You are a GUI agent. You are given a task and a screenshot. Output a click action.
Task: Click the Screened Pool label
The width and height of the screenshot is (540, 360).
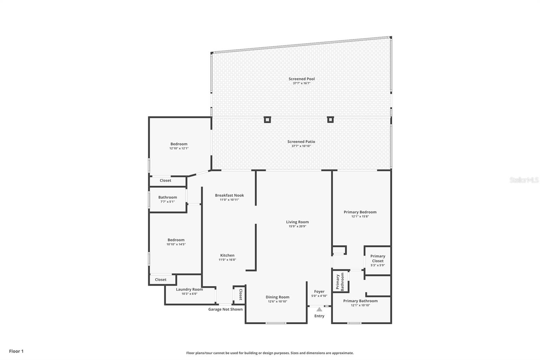pos(301,79)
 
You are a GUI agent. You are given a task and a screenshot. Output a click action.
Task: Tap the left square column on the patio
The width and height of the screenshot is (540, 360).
pos(267,120)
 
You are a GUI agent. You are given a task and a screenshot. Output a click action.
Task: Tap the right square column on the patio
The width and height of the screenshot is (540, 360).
pos(330,120)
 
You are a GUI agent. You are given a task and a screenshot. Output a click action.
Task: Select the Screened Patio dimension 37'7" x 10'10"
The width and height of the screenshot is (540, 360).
pos(301,146)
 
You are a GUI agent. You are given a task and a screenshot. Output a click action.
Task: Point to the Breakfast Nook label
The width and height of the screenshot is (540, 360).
pos(229,195)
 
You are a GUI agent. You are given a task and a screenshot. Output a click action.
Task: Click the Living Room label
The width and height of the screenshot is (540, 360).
pos(297,222)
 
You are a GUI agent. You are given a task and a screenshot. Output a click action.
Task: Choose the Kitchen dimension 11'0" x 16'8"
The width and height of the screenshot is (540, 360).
pos(227,260)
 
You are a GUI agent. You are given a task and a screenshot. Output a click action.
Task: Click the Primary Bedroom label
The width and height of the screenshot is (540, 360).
pos(360,212)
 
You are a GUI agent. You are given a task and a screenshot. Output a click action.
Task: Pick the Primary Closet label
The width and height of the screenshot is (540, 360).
pos(378,258)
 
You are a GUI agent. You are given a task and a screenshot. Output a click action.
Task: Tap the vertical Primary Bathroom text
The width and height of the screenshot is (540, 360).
pos(340,282)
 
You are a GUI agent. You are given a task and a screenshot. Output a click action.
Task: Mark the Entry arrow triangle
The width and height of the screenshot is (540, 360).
pos(319,309)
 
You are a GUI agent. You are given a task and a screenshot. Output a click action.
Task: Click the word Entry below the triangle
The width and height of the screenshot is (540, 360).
pos(319,316)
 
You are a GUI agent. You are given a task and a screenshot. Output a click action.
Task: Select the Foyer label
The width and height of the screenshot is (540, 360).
pos(319,291)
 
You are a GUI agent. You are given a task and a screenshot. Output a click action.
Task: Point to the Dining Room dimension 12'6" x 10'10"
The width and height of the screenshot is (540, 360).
pos(277,302)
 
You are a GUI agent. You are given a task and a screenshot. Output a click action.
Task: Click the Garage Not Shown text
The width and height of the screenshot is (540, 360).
pos(225,309)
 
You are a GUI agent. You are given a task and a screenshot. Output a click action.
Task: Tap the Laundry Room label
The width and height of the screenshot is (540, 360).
pos(189,289)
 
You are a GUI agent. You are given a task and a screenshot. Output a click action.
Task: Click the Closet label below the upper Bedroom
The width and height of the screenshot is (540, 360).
pos(165,180)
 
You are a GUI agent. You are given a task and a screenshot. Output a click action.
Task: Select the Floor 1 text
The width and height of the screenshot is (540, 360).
pos(16,351)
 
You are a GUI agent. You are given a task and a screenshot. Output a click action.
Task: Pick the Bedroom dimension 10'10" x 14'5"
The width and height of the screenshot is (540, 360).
pos(176,244)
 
